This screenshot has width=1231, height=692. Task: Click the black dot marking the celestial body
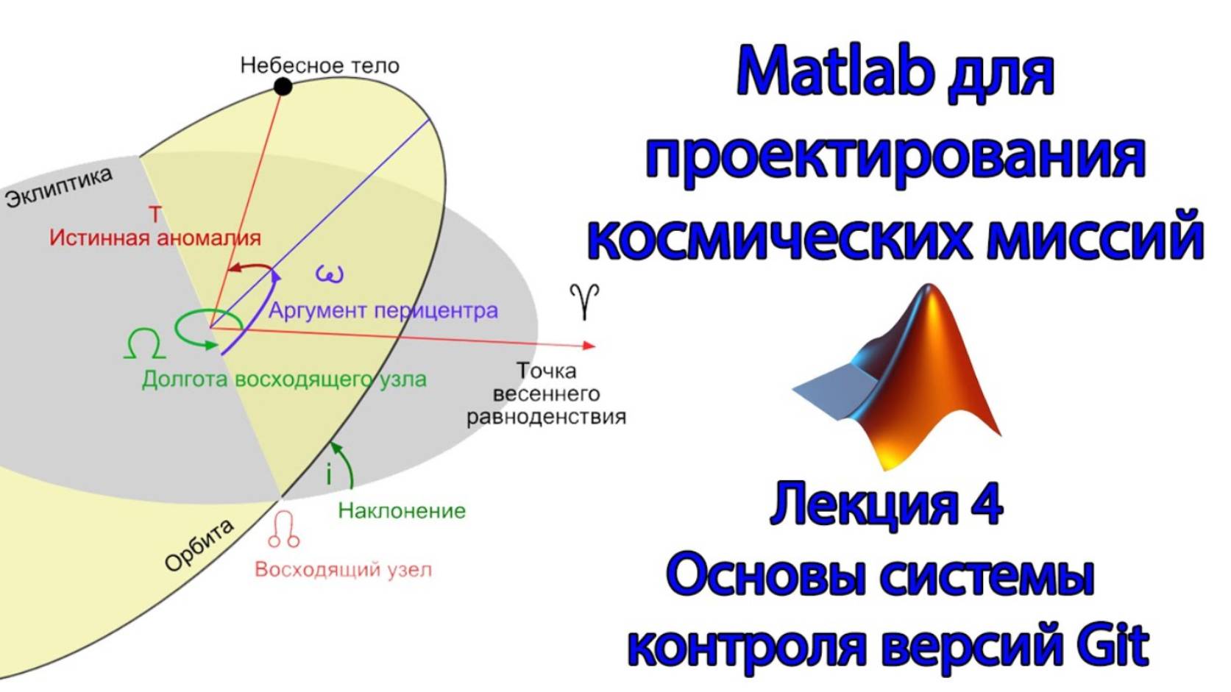pos(283,87)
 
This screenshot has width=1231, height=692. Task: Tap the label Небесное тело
pos(319,65)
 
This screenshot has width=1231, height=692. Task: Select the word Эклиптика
pos(59,187)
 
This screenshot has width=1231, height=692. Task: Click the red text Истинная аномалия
pos(155,238)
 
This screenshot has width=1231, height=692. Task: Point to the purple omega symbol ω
pos(329,274)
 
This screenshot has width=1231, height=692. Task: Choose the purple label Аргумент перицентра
pos(383,310)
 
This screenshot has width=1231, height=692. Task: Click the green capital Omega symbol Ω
pos(144,343)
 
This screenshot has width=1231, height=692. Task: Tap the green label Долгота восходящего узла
pos(284,379)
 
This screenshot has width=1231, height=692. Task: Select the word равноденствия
pos(546,417)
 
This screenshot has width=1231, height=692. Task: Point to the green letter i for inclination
pos(329,474)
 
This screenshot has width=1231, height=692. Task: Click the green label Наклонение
pos(402,510)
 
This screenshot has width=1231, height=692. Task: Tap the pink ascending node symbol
pos(283,530)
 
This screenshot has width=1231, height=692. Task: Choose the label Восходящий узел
pos(343,569)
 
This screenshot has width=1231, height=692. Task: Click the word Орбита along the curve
pos(199,545)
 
